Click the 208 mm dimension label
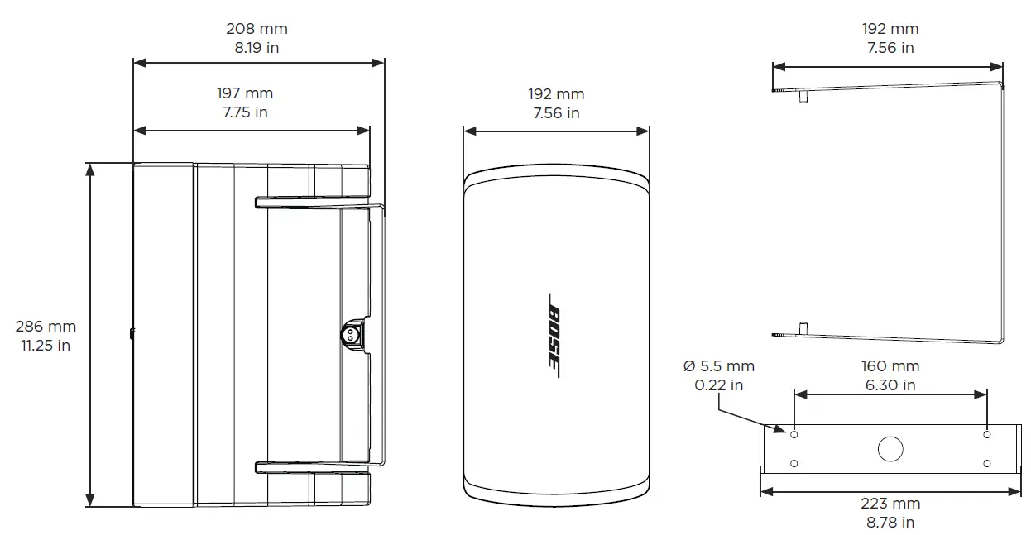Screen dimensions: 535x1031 pos(257,29)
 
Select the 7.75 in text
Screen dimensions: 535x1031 pos(245,112)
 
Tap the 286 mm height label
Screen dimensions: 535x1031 pos(45,327)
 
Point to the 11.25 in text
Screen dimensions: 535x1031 pos(46,346)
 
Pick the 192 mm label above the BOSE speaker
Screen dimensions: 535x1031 pos(556,94)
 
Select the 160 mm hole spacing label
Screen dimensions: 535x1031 pos(890,365)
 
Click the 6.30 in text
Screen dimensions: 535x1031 pos(890,385)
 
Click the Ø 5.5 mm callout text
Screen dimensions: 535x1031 pos(719,365)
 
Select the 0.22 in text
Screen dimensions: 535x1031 pos(719,385)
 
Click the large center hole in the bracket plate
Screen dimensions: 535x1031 pos(890,449)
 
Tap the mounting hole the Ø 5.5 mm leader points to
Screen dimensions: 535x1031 pos(794,434)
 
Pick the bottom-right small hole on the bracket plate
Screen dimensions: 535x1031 pos(987,464)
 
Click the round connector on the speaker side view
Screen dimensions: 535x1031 pos(350,335)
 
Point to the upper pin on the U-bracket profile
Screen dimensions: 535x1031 pos(803,98)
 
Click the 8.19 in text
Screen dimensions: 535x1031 pos(257,48)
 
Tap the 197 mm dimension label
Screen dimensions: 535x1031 pos(245,93)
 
